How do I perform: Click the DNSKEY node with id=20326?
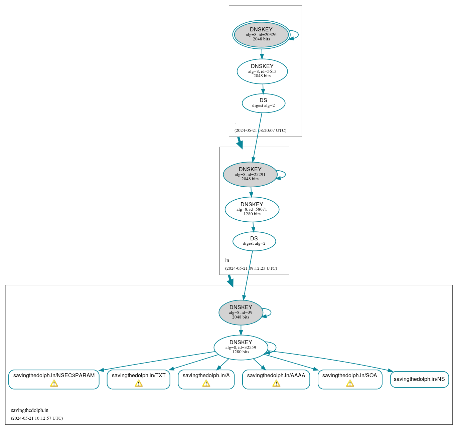pos(261,34)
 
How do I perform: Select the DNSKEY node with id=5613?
pos(262,71)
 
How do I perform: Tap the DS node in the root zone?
pos(264,103)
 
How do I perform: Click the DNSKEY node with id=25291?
pos(250,174)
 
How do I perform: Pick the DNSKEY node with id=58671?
pos(252,209)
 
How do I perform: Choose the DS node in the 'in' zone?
pos(254,241)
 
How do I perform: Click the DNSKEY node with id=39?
pos(241,312)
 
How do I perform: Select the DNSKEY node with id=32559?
pos(241,347)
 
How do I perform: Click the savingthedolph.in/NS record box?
pos(419,379)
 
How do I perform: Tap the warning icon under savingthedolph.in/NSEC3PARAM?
pos(54,383)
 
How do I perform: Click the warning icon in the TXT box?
pos(139,383)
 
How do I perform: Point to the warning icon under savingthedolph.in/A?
pos(206,383)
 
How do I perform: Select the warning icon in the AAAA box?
pos(276,383)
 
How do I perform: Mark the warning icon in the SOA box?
pos(350,383)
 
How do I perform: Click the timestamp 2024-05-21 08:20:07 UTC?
pos(260,131)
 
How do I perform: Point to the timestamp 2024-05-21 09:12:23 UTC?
pos(251,268)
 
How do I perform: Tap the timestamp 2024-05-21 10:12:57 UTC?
pos(37,418)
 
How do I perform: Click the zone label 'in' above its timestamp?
pos(227,260)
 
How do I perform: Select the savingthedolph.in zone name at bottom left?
pos(30,410)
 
